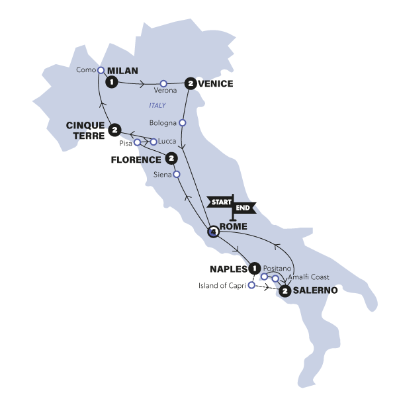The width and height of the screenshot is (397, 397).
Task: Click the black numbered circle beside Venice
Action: point(191,83)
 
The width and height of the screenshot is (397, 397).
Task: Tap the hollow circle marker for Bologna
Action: point(183,122)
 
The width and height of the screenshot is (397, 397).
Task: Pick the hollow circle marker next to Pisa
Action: point(138,142)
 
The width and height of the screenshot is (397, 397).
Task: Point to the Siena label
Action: point(161,175)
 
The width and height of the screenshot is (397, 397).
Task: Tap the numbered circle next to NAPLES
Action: point(254,269)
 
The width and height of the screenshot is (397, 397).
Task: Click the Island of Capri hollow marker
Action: point(251,286)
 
